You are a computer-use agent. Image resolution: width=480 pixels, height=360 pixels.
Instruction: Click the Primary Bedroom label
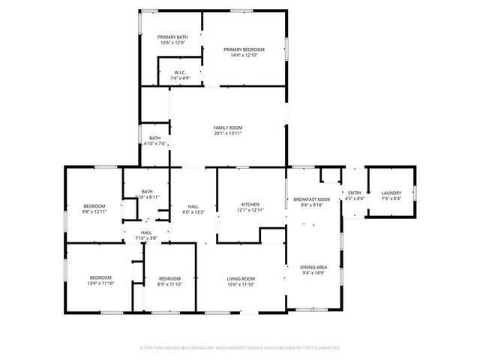tap(244, 49)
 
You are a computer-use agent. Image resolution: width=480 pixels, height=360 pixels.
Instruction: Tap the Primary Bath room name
tap(172, 37)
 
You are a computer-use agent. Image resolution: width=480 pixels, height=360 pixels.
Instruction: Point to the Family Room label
tap(228, 127)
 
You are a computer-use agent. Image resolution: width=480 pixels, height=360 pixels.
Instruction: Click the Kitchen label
tap(250, 204)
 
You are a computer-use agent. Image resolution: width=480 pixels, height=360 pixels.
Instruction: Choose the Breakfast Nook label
tap(306, 198)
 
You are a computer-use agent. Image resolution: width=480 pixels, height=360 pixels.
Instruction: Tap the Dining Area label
tap(313, 267)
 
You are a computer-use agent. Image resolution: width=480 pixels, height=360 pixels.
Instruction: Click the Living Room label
tap(241, 279)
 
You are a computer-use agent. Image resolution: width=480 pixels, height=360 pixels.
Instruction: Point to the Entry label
tap(354, 193)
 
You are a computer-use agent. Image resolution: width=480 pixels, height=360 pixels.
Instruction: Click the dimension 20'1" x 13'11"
tap(228, 133)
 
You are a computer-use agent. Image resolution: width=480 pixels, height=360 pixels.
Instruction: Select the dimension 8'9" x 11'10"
tap(169, 284)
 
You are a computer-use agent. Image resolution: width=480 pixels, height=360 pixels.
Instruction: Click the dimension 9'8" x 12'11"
tap(94, 211)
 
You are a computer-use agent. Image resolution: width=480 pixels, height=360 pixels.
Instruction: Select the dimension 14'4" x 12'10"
tap(244, 55)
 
